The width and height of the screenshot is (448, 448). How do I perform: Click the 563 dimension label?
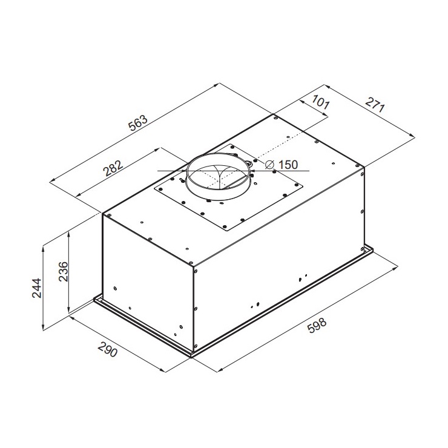coord(138,123)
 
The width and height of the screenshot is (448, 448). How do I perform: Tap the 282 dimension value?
coord(113,168)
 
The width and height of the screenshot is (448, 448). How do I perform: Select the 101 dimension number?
coord(320,102)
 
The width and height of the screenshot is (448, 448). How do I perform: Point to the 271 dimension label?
coord(375,105)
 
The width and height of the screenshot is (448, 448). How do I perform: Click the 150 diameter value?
coord(288,165)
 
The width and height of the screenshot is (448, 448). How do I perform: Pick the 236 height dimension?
coord(63,271)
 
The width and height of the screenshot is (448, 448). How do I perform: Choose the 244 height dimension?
coord(36,288)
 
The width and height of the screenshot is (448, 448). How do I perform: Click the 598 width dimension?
coord(317,326)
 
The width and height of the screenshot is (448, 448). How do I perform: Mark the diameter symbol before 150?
coord(270,165)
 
